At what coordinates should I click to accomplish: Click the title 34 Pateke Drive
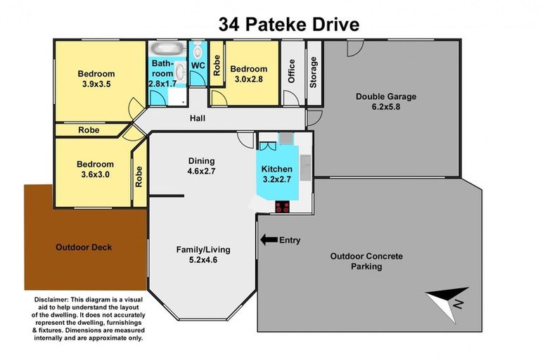tap(289, 25)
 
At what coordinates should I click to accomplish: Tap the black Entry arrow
tap(268, 240)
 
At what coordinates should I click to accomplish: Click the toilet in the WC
tap(198, 51)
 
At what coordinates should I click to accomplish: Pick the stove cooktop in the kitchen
tap(283, 207)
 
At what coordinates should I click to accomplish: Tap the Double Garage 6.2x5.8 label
tap(386, 102)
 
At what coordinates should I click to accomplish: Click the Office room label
tap(292, 71)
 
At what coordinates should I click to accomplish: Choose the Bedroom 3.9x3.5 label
tap(96, 79)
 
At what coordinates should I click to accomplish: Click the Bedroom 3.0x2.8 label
tap(249, 74)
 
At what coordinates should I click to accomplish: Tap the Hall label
tap(198, 119)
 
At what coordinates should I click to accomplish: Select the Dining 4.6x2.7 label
tap(201, 166)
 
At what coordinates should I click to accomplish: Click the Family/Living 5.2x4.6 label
tap(203, 255)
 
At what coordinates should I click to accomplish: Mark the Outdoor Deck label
tap(83, 247)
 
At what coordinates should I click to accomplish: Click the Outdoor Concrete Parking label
tap(366, 262)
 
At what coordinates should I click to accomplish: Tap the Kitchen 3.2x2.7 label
tap(276, 174)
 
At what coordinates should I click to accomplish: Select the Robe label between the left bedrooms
tap(89, 130)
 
